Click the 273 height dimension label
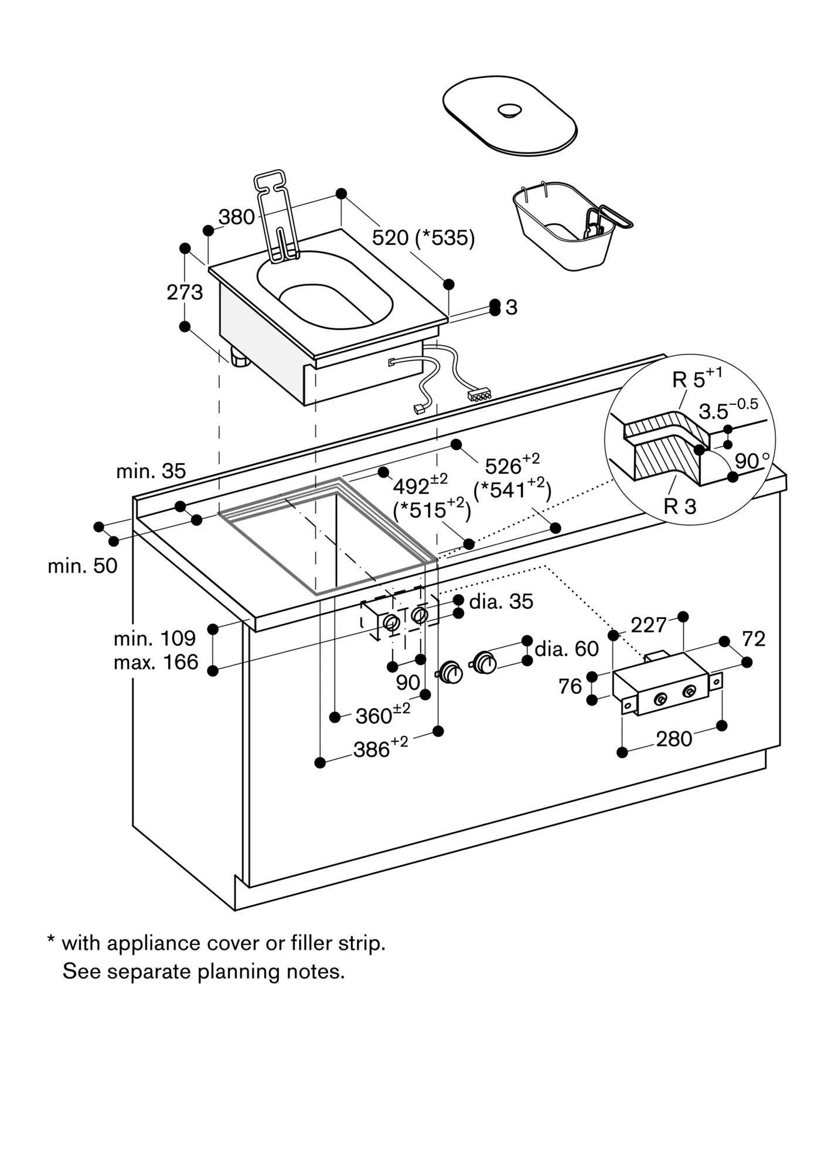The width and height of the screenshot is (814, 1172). (x=185, y=292)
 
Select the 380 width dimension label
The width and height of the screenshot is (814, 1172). (x=237, y=217)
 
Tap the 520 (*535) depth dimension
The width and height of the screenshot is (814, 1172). (x=423, y=237)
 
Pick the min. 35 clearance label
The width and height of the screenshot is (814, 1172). (x=151, y=471)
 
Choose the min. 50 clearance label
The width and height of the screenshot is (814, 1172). (x=83, y=565)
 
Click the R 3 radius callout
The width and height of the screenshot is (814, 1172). (x=680, y=506)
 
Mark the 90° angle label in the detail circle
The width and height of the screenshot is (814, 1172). (x=752, y=461)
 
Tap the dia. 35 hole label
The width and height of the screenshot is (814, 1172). (x=501, y=601)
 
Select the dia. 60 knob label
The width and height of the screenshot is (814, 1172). (x=567, y=649)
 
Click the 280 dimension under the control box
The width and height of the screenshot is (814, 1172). (x=674, y=739)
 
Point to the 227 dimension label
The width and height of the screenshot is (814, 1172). (x=649, y=625)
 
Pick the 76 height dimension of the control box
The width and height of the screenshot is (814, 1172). (x=570, y=686)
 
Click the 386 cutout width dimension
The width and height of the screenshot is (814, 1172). (x=381, y=748)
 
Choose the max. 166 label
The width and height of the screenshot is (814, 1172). (x=156, y=662)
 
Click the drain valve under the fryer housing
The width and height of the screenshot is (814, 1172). (x=240, y=357)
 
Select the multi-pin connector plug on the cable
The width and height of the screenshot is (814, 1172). (x=479, y=396)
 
